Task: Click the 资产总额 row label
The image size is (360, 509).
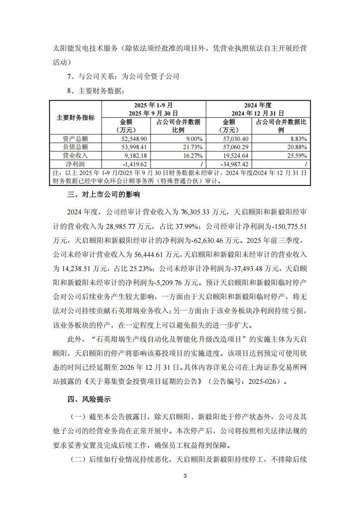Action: [x=75, y=139]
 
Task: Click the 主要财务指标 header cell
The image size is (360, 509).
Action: [x=75, y=117]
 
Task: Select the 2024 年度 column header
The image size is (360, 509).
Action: [x=258, y=105]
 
